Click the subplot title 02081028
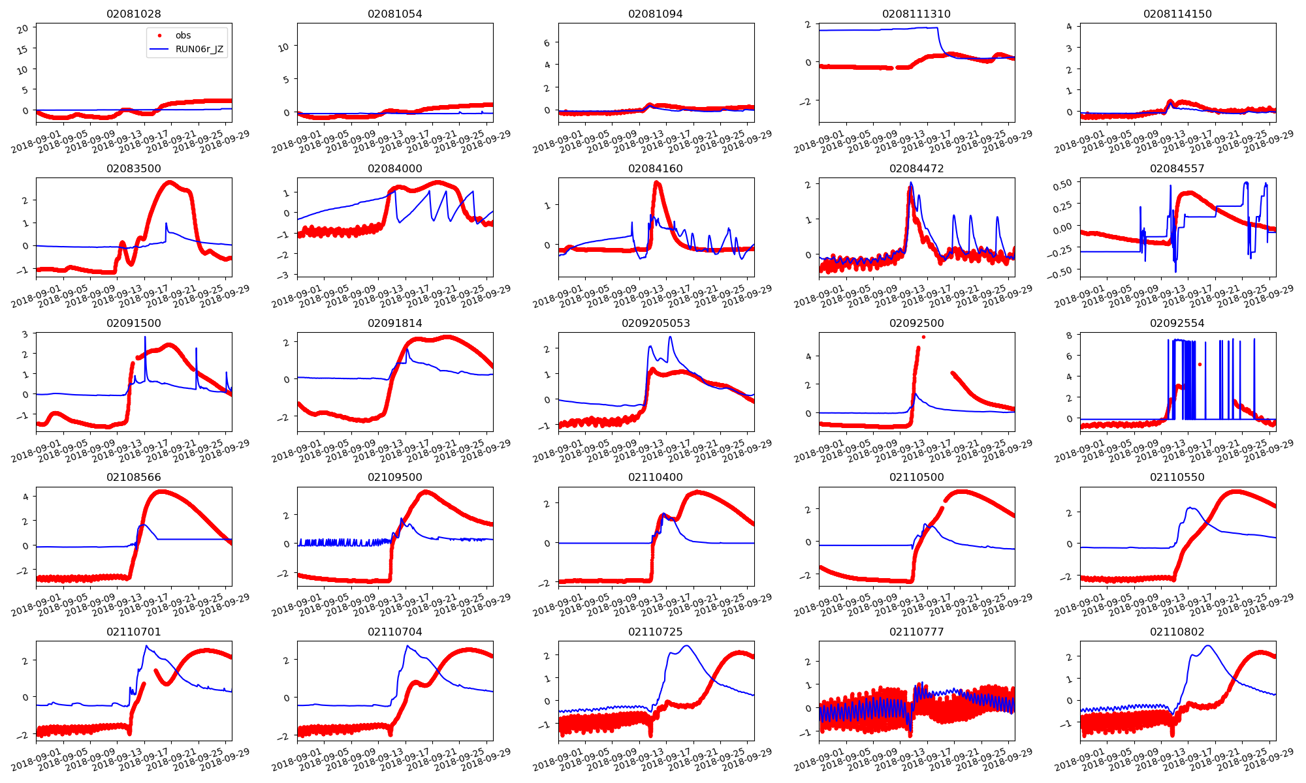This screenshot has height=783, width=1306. (133, 14)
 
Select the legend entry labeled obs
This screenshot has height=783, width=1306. (183, 35)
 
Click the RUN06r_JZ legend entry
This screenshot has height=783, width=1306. (199, 49)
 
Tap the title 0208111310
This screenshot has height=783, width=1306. (916, 14)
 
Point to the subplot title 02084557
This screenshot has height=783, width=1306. (1177, 168)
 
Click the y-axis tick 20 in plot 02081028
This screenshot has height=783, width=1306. (23, 29)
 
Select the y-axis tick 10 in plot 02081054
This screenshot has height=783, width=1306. (283, 46)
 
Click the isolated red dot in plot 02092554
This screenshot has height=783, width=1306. (1200, 364)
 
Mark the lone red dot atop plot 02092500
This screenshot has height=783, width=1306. (923, 337)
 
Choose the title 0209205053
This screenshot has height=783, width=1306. (656, 323)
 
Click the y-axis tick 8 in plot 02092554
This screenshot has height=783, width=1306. (1069, 335)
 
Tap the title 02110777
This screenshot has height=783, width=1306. (916, 632)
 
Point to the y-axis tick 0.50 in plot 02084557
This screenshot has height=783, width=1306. (1062, 184)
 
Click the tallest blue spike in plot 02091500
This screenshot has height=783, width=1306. (145, 337)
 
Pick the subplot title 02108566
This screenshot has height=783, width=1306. (133, 477)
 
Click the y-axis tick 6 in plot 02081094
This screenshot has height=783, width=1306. (547, 42)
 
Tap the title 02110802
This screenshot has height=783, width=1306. (1177, 632)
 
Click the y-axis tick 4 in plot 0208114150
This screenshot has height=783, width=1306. (1069, 26)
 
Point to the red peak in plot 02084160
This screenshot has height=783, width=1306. (656, 183)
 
